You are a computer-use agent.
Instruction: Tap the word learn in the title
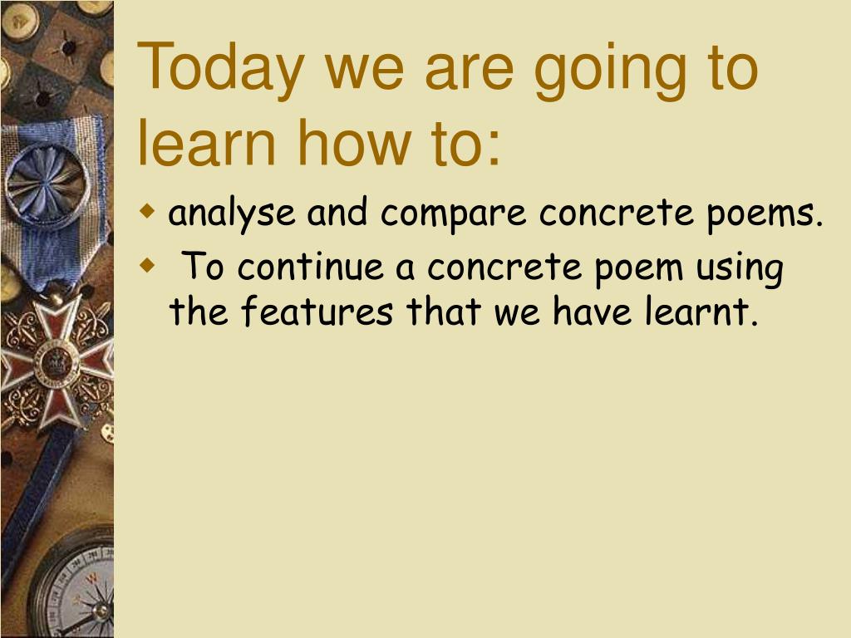click(207, 142)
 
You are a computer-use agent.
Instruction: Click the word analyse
click(232, 213)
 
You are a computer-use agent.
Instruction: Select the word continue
click(310, 266)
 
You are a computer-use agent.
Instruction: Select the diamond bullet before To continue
click(146, 265)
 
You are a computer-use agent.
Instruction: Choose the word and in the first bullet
click(337, 212)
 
